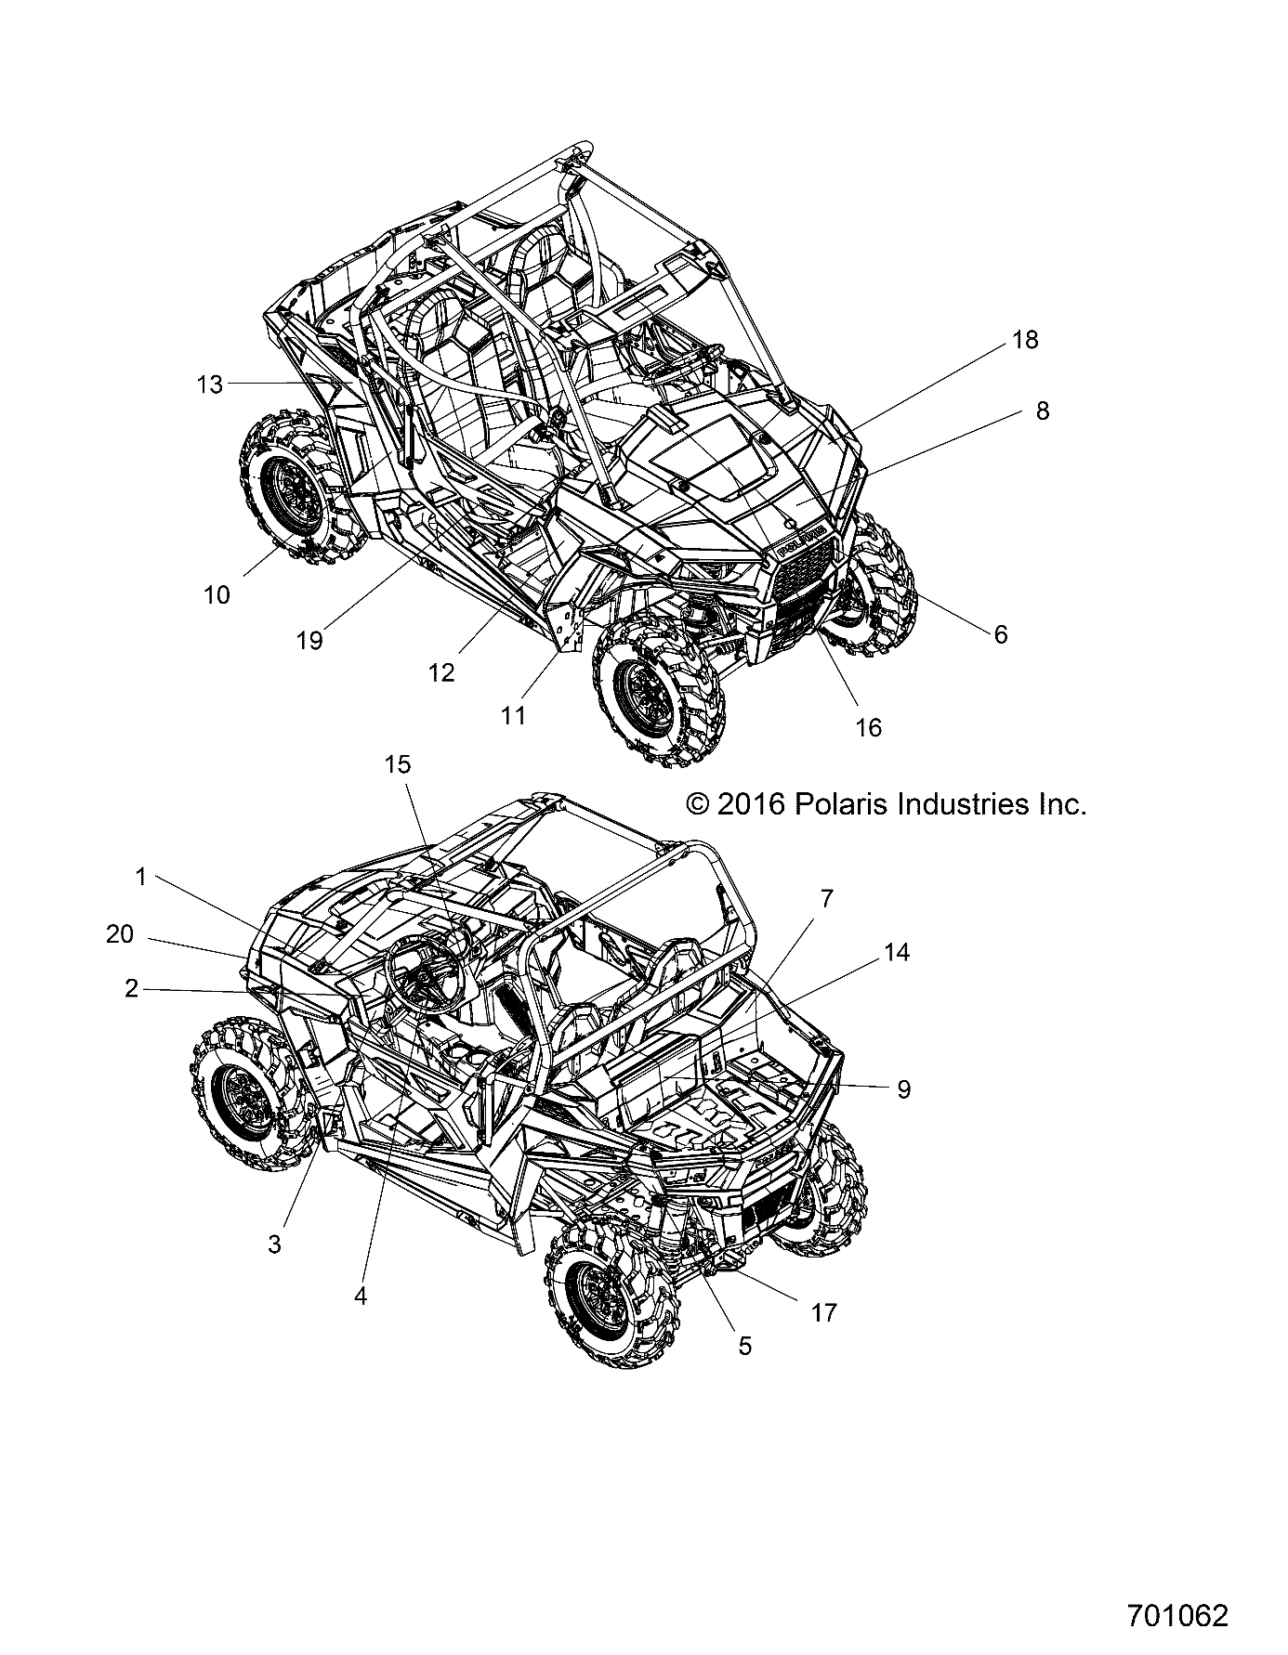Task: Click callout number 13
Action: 210,384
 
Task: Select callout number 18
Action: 1025,340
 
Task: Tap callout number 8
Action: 1042,410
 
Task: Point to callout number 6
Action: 1000,634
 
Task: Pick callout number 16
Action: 868,727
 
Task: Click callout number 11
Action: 513,715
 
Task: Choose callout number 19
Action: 309,640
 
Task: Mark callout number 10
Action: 217,594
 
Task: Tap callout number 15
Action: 398,764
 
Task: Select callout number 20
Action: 120,934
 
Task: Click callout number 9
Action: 903,1089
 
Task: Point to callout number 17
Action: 824,1312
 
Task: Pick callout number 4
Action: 361,1296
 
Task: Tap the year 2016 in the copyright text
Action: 752,803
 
